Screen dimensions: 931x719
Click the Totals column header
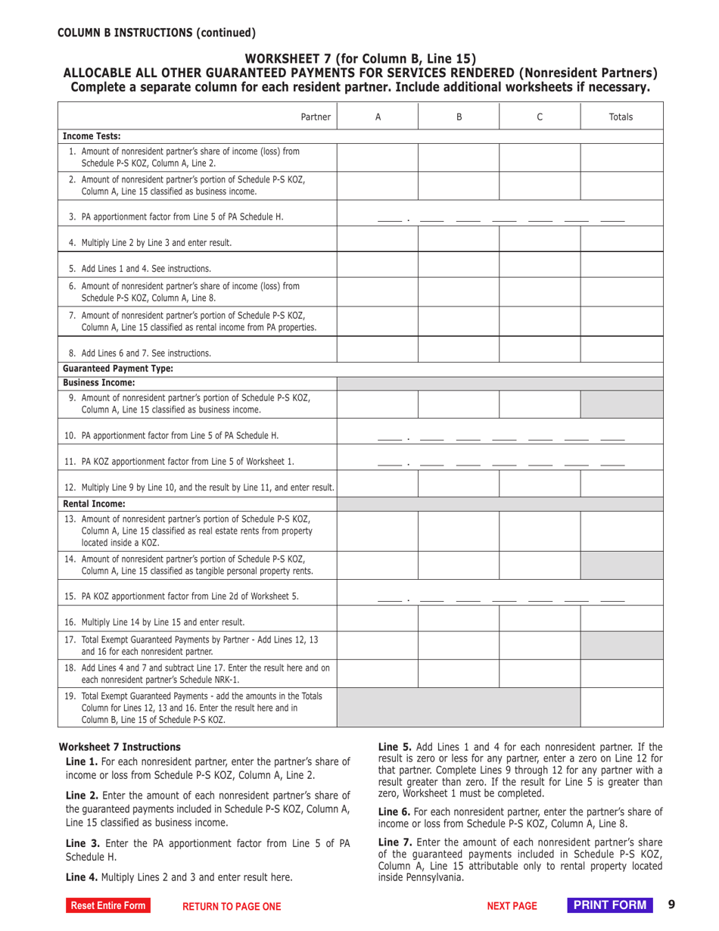621,117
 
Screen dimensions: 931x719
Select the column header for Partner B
459,117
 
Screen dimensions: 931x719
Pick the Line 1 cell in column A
377,157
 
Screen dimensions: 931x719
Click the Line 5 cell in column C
539,268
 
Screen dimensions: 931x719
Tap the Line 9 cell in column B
459,404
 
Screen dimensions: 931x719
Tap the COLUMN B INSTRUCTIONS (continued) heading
157,32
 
